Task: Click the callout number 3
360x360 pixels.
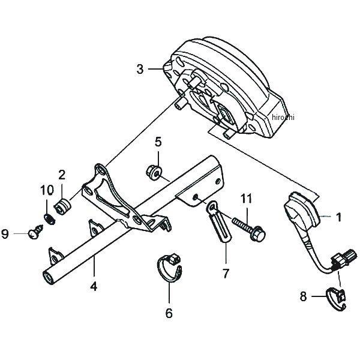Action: coord(140,69)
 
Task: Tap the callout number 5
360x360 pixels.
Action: coord(158,142)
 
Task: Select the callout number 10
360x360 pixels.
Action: coord(47,190)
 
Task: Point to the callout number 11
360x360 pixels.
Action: coord(246,199)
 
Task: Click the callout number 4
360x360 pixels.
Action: coord(94,287)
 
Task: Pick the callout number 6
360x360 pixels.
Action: coord(169,313)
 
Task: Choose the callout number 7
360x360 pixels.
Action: coord(226,274)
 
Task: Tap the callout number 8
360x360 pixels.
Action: coord(303,296)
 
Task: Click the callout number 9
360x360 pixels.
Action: coord(5,234)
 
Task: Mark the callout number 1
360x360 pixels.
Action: coord(338,217)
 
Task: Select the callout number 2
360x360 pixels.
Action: coord(62,175)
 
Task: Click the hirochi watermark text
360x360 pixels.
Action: coord(283,118)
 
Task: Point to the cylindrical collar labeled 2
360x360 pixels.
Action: coord(62,207)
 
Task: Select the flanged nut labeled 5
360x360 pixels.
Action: coord(154,172)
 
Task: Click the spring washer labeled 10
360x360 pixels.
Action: coord(50,219)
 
